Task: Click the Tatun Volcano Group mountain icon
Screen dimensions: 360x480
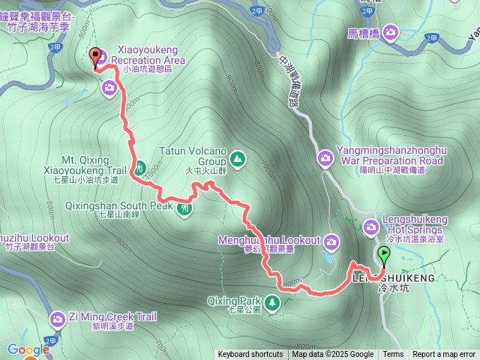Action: [237, 158]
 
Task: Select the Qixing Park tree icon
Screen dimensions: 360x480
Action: [273, 302]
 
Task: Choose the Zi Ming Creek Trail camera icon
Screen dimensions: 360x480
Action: [57, 320]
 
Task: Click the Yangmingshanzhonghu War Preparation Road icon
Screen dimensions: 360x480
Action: [325, 158]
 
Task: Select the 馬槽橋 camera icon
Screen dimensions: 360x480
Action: [391, 32]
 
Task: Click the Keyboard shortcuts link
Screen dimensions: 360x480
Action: [250, 355]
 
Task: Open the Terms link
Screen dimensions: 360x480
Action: [393, 355]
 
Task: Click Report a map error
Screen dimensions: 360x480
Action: [444, 355]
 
